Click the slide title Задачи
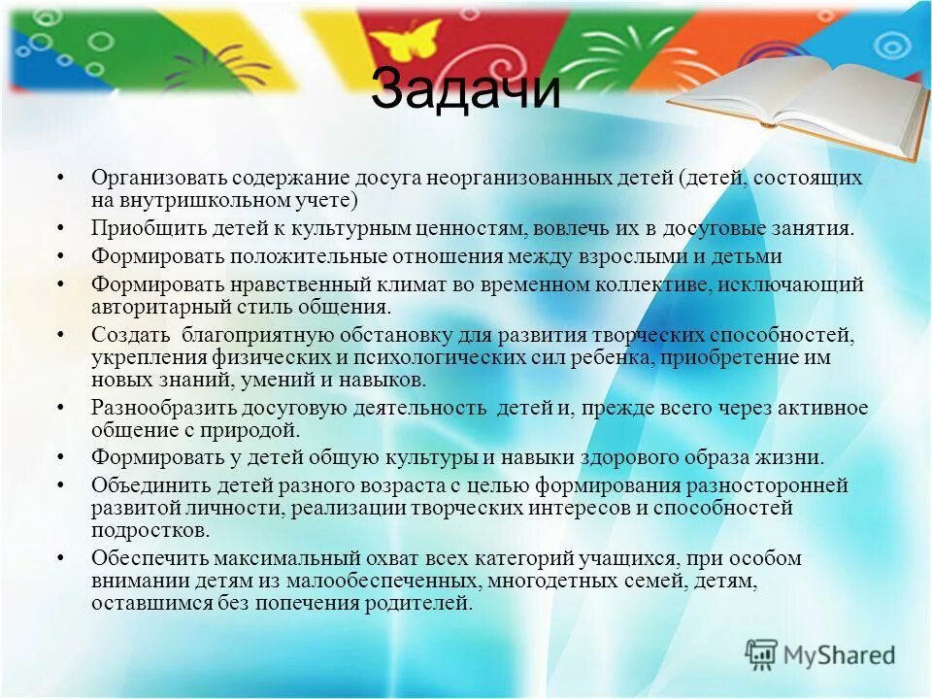tap(466, 90)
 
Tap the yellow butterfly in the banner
tap(405, 45)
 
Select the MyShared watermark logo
tap(820, 653)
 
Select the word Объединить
tap(146, 484)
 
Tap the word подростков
tap(149, 530)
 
